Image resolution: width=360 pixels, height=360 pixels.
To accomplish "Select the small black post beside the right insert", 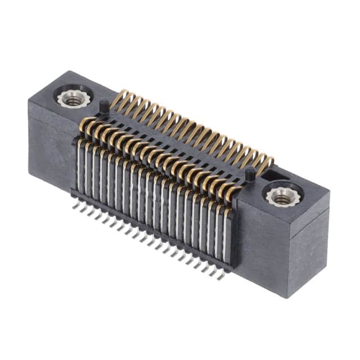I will (x=248, y=174).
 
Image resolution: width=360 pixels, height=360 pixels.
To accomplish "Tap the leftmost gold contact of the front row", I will (x=84, y=125).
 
